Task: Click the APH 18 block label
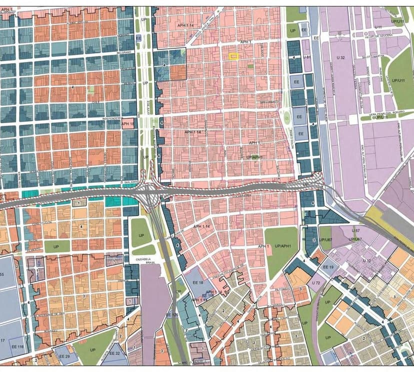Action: coord(128,123)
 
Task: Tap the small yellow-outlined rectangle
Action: coord(233,56)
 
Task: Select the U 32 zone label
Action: coord(341,58)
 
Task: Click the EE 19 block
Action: coord(328,267)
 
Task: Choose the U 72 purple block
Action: coord(315,284)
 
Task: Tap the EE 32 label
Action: coord(114,353)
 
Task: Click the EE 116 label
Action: coord(19,347)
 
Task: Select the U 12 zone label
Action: coord(367,261)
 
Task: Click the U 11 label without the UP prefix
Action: coord(378,26)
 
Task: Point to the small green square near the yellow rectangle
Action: coord(250,66)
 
